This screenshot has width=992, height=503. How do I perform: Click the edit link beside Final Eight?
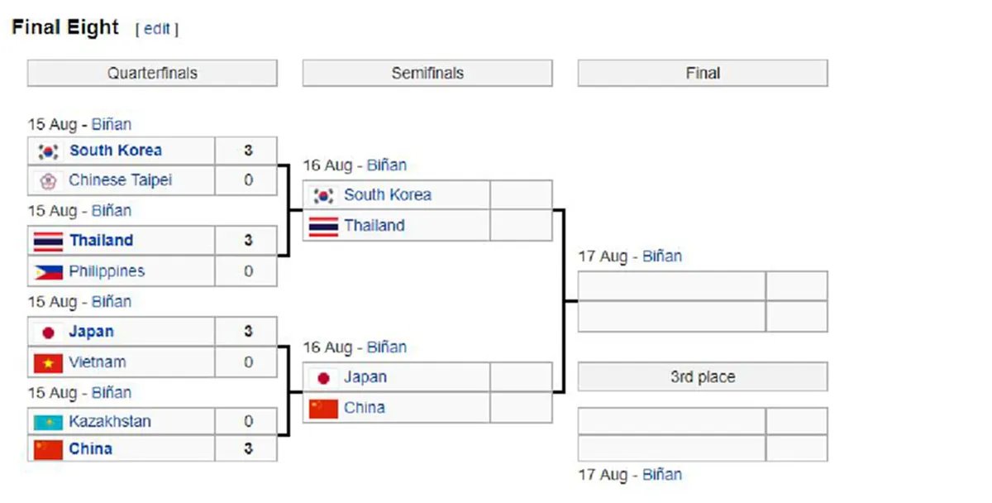click(157, 29)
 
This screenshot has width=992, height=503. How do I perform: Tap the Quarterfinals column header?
click(152, 73)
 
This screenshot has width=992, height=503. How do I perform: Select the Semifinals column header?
click(427, 73)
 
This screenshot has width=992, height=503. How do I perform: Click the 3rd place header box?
click(703, 376)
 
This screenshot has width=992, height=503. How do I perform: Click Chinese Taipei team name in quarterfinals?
click(120, 180)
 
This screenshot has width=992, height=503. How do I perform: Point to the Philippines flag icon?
click(48, 271)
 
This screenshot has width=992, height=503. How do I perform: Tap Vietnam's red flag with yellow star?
click(48, 363)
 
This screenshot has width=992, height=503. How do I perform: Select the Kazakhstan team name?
click(110, 421)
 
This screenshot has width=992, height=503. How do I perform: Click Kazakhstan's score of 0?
click(249, 421)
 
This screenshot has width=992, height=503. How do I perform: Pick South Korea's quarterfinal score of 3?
click(249, 151)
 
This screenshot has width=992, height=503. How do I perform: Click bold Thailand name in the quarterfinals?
click(102, 240)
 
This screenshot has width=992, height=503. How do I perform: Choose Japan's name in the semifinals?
click(365, 376)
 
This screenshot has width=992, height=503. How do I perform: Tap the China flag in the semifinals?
click(323, 409)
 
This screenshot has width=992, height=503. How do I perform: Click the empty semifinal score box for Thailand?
click(522, 226)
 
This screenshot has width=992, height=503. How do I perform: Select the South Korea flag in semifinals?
click(323, 195)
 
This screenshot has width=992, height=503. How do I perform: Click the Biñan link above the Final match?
click(662, 256)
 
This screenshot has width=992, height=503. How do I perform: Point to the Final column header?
click(703, 73)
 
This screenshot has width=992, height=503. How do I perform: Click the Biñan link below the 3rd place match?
click(662, 475)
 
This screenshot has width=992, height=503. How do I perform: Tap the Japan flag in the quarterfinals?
click(48, 333)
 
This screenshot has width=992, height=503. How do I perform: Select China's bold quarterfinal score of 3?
click(249, 448)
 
